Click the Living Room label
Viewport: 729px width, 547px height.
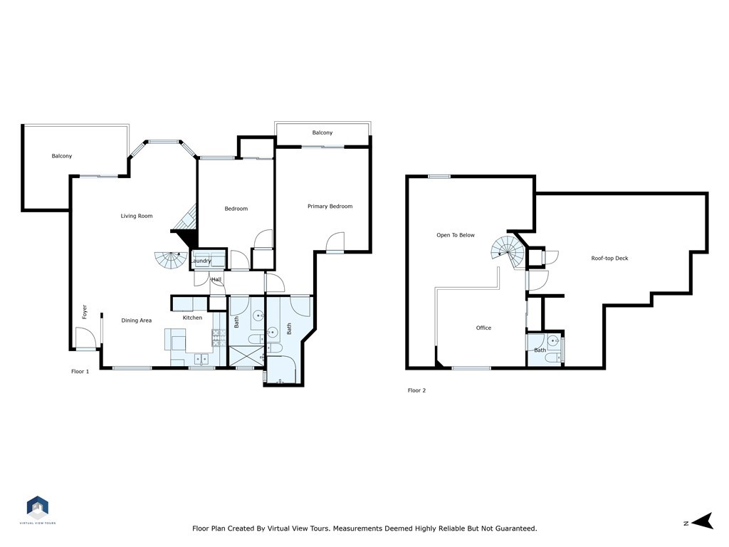pos(136,216)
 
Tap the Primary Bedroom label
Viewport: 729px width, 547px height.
pos(330,207)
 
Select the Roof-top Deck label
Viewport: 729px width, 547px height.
pos(609,259)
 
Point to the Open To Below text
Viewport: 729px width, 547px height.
pos(456,235)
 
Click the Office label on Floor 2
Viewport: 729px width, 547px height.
pos(483,328)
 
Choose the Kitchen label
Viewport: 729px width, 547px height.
pos(192,318)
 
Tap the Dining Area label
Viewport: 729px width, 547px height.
pos(136,321)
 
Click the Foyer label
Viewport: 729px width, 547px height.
pos(84,311)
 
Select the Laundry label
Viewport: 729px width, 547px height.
pos(201,261)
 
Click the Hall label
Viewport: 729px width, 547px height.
pos(216,280)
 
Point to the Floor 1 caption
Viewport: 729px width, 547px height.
pos(80,372)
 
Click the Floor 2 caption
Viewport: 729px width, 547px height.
pos(416,390)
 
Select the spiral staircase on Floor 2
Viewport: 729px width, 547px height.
pos(507,250)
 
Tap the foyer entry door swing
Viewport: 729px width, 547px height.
pos(85,343)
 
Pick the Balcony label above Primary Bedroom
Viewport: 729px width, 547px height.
pos(322,133)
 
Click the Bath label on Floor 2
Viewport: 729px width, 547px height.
pos(540,350)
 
